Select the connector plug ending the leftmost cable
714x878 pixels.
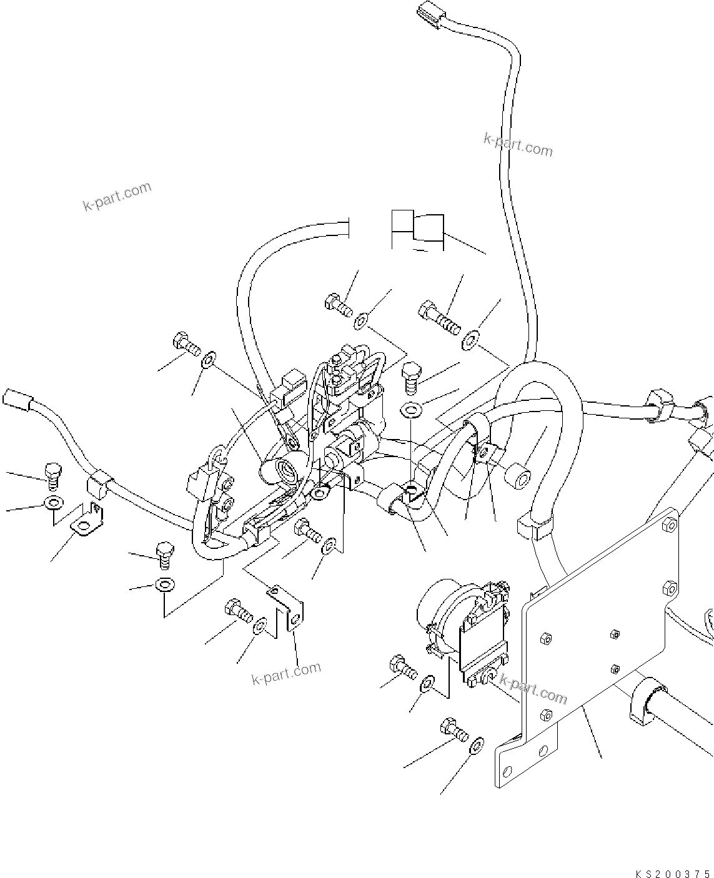coord(16,399)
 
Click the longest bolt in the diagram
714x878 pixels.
coord(440,317)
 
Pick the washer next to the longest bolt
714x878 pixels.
coord(470,341)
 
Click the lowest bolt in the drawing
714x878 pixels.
coord(454,730)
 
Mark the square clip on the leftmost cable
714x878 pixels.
coord(98,480)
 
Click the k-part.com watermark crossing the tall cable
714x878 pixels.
coord(518,146)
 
